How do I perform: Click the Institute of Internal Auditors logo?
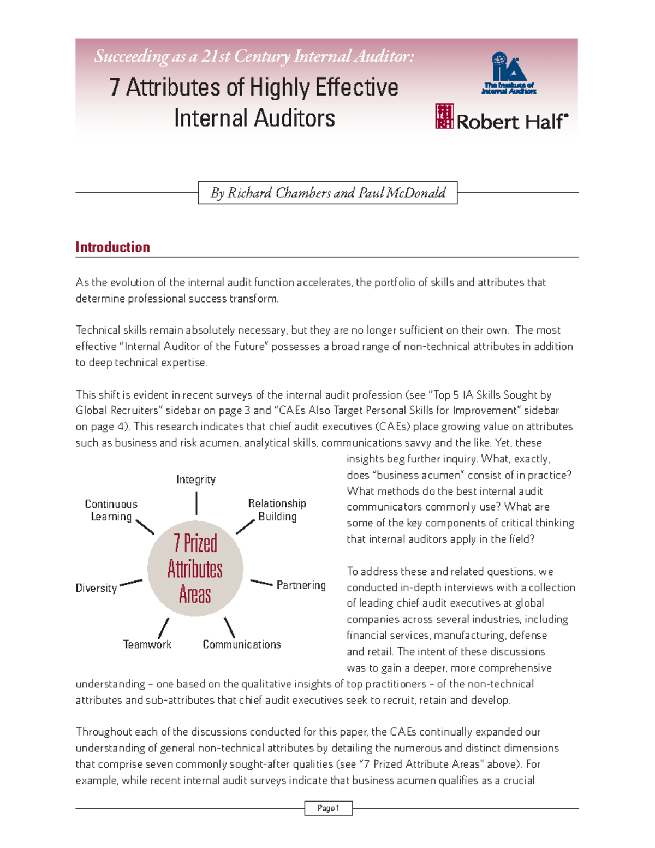coord(508,74)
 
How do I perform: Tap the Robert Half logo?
coord(502,117)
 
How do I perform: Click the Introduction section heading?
coord(112,247)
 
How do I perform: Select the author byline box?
coord(327,193)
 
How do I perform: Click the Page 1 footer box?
coord(328,808)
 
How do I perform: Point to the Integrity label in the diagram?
coord(196,479)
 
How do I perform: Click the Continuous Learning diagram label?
coord(111,510)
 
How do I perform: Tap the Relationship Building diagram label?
coord(277,509)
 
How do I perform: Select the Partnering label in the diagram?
coord(301,585)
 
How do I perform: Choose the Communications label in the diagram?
coord(242,644)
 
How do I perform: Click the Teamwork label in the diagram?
coord(147,644)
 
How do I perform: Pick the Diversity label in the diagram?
coord(96,588)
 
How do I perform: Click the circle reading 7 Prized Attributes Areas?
coord(195,568)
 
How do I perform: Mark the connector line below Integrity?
coord(196,503)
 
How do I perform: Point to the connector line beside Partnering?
coord(261,583)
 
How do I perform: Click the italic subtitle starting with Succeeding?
coord(254,56)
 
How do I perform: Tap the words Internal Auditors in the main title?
coord(254,118)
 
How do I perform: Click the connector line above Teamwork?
coord(163,628)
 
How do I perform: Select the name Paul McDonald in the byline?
coord(402,193)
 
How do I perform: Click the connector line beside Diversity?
coord(130,583)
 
